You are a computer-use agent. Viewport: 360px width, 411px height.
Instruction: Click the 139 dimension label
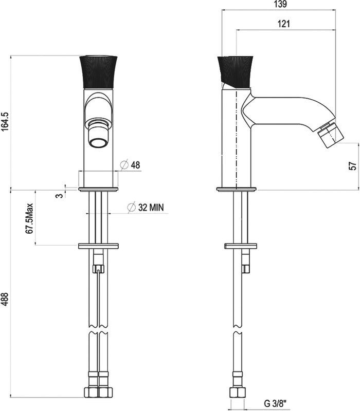pos(280,4)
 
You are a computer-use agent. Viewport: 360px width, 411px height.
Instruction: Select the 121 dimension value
pos(284,24)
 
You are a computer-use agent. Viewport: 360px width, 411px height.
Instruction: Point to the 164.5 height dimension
pos(5,122)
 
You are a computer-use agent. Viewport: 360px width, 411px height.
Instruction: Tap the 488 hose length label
pos(5,299)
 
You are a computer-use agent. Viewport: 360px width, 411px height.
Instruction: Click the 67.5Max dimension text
pos(29,218)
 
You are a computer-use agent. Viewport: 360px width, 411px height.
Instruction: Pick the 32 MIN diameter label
pos(151,208)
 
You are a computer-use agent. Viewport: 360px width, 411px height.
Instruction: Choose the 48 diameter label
pos(135,165)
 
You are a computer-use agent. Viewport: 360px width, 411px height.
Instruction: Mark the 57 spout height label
pos(353,166)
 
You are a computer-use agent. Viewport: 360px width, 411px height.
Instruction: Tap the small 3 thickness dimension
pos(60,196)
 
